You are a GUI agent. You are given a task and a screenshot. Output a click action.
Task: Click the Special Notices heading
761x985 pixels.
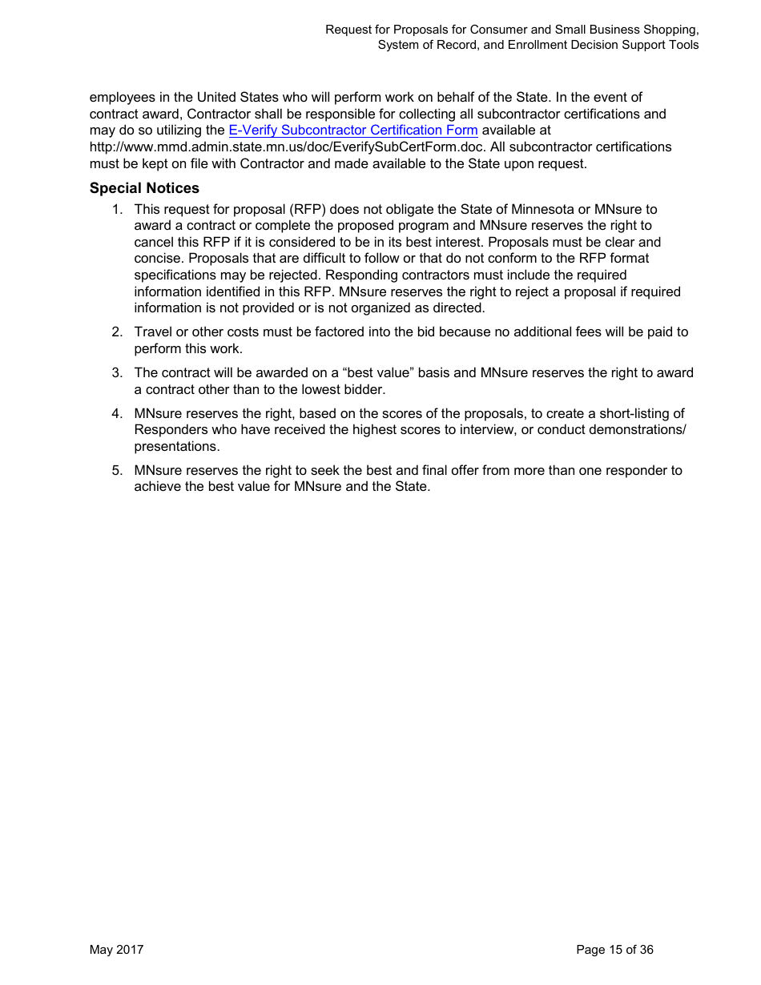point(144,188)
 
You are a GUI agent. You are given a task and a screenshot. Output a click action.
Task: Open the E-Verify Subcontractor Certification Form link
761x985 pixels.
point(353,131)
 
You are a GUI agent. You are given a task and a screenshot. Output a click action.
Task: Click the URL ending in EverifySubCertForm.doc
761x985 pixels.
point(288,147)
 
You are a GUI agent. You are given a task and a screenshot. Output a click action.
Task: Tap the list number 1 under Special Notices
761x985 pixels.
point(117,210)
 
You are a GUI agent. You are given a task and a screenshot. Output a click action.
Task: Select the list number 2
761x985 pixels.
point(117,332)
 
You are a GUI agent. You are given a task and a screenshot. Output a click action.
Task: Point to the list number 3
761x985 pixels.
point(117,373)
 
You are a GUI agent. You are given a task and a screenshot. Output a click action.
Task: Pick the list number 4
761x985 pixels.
point(117,414)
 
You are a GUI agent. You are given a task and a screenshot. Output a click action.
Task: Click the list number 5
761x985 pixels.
point(117,471)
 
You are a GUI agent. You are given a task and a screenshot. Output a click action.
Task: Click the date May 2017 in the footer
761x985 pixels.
point(117,950)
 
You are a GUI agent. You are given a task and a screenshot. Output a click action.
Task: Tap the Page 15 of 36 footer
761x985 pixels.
point(614,950)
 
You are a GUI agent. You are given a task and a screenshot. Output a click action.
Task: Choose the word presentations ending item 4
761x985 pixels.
point(176,447)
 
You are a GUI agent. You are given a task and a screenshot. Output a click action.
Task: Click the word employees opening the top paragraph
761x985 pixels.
point(122,98)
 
